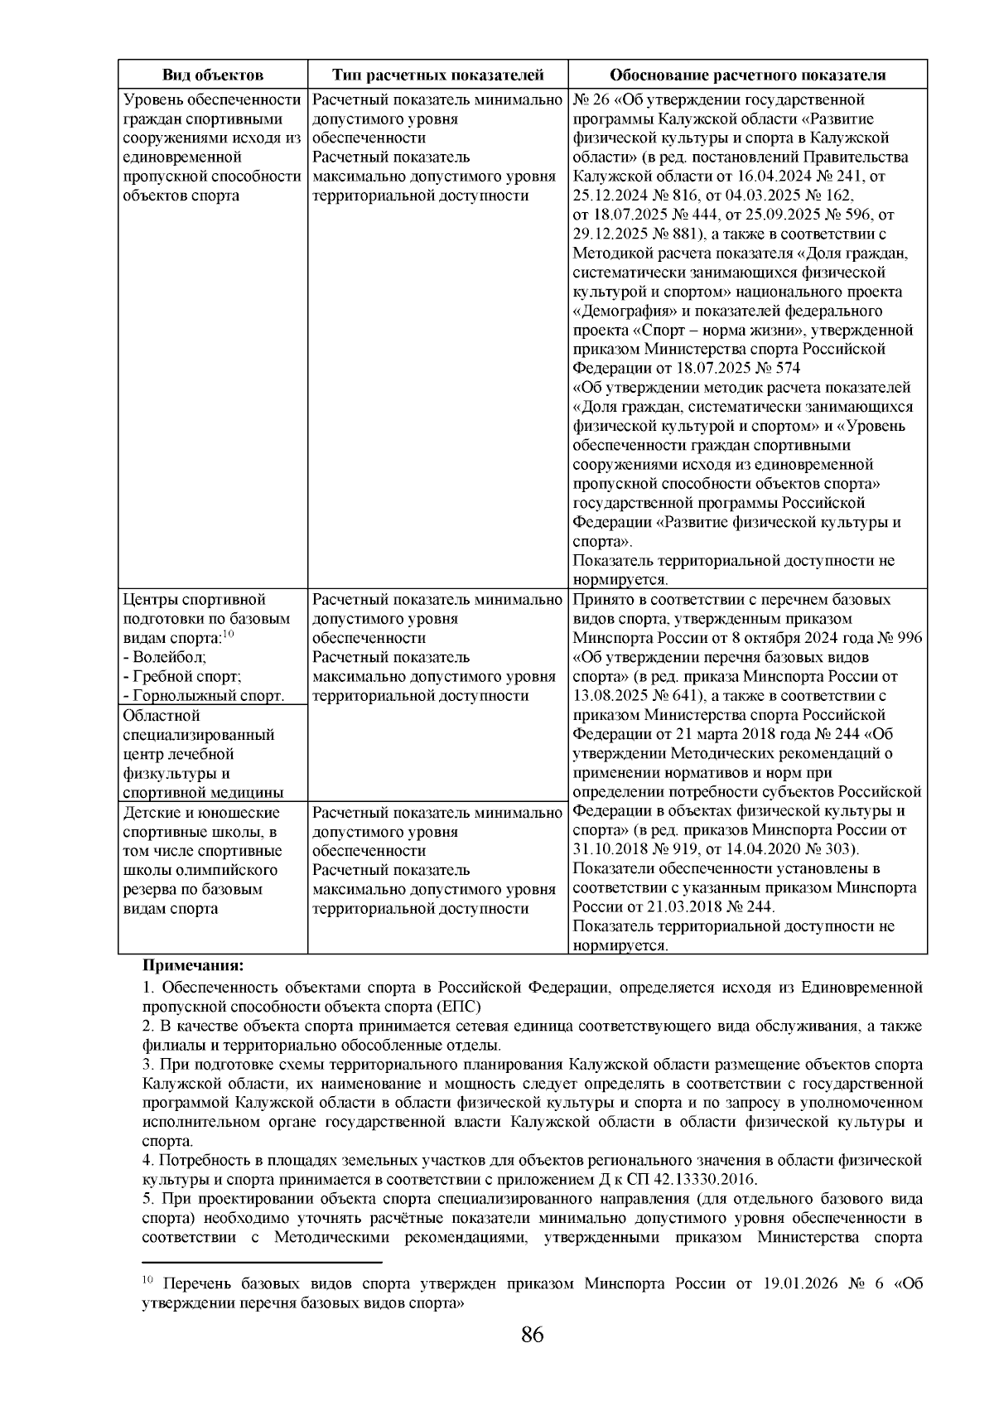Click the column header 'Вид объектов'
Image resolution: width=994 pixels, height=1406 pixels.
coord(213,75)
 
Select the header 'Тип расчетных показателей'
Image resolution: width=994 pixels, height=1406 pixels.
coord(437,75)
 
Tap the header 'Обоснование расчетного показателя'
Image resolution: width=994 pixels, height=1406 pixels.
coord(748,75)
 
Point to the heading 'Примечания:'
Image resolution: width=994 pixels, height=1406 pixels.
coord(194,965)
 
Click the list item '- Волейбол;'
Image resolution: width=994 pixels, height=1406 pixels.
coord(165,657)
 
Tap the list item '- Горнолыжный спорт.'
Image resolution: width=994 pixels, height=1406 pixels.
coord(203,696)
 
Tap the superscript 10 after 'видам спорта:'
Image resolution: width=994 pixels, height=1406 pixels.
coord(229,634)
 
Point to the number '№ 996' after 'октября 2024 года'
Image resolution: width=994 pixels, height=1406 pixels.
coord(902,638)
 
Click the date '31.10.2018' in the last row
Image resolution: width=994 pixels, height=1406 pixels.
coord(610,849)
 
